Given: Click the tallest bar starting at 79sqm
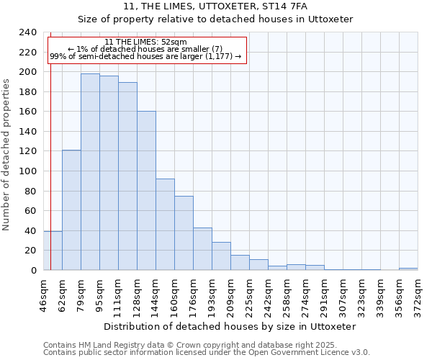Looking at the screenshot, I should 90,172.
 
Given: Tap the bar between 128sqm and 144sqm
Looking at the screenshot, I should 146,191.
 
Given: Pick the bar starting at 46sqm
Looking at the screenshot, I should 53,251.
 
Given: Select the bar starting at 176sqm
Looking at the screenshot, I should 202,249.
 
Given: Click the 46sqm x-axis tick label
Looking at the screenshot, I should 43,294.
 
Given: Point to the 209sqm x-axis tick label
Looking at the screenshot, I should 230,294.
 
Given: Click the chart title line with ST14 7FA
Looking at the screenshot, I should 215,6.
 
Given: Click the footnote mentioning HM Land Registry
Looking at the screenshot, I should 189,345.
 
